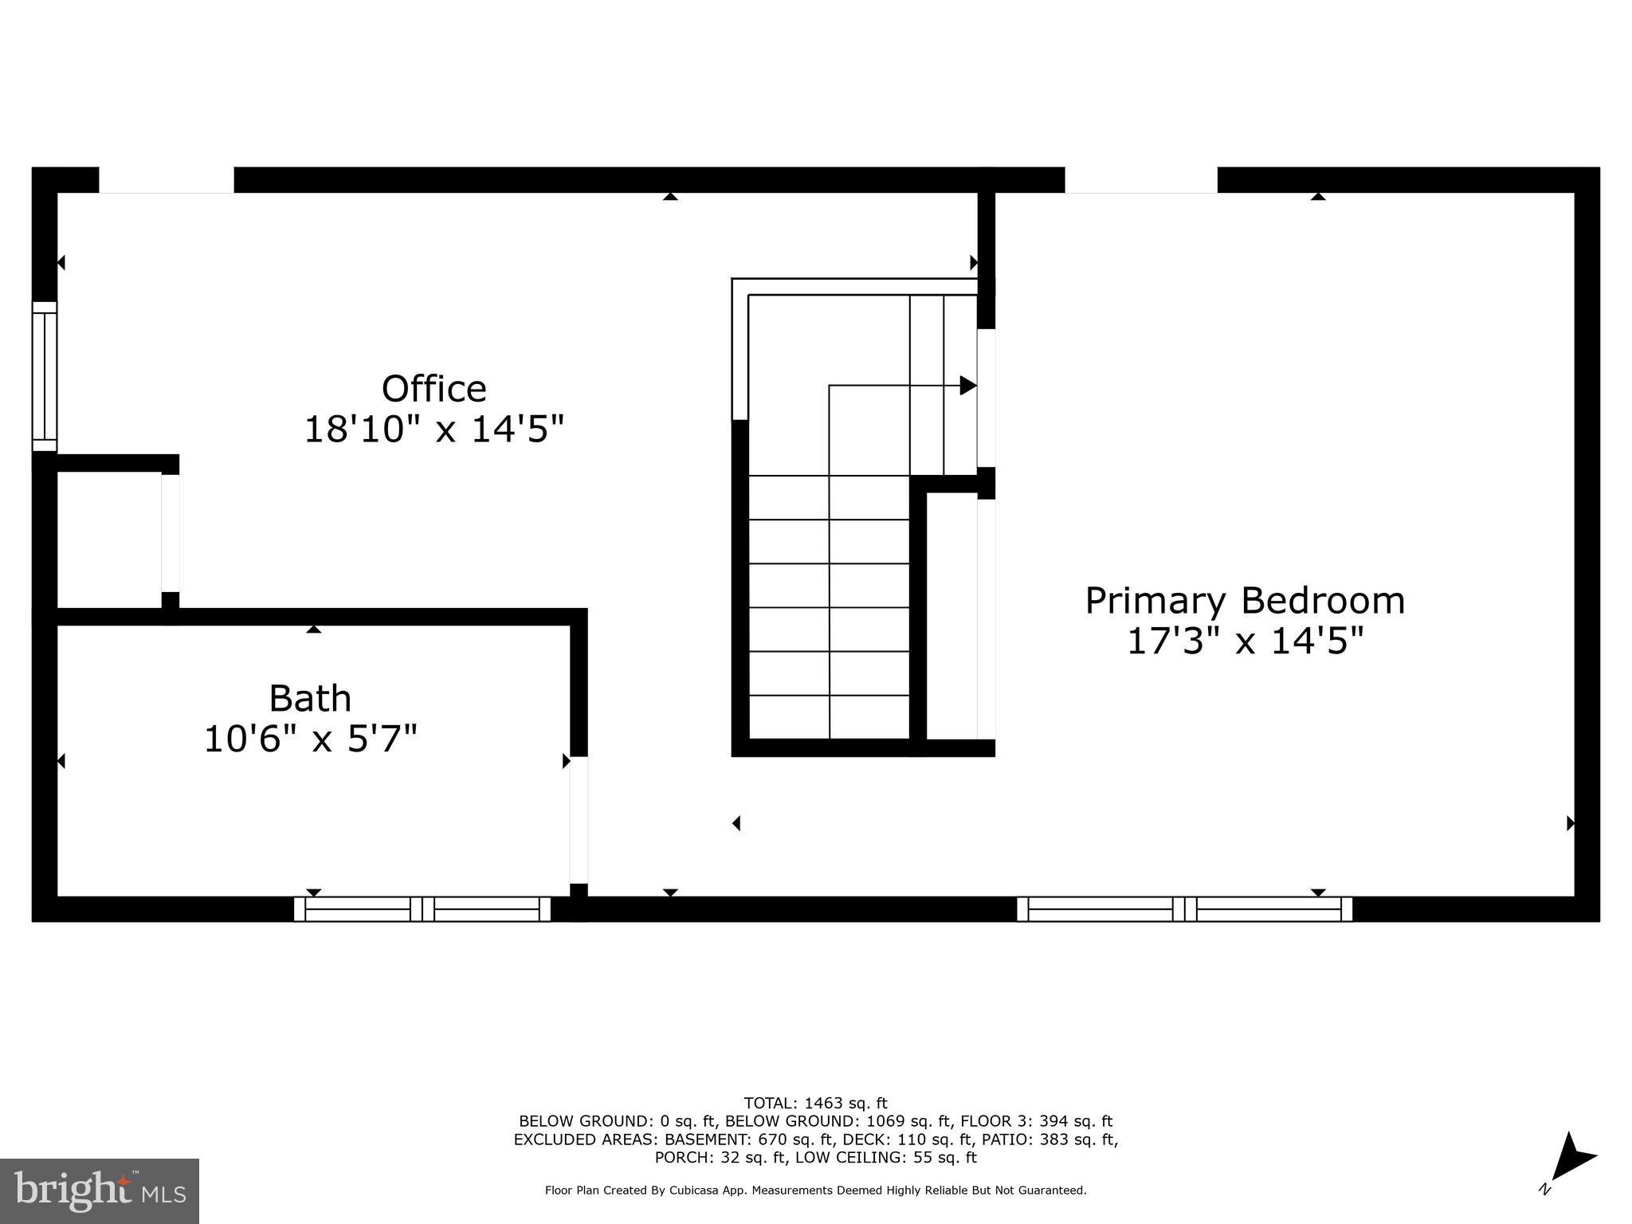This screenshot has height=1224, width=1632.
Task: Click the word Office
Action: (433, 389)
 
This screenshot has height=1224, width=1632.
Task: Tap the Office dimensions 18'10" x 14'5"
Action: (433, 430)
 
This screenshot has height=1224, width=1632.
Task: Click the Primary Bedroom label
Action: (1245, 601)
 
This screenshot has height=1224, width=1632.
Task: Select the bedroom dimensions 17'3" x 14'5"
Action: (1245, 641)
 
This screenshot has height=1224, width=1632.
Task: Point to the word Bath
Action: (310, 699)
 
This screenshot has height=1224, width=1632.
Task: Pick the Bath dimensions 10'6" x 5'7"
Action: (310, 739)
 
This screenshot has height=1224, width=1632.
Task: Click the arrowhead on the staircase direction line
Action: (967, 386)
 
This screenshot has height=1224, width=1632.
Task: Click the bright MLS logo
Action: (99, 1191)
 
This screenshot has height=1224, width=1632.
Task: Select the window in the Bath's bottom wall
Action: (422, 909)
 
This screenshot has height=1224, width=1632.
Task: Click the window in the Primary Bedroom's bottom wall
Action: (1184, 909)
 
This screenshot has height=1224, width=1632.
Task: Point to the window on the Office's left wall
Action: (45, 376)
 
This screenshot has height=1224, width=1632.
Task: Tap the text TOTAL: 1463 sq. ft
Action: (815, 1103)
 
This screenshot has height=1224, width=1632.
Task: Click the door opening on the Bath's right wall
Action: (579, 820)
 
